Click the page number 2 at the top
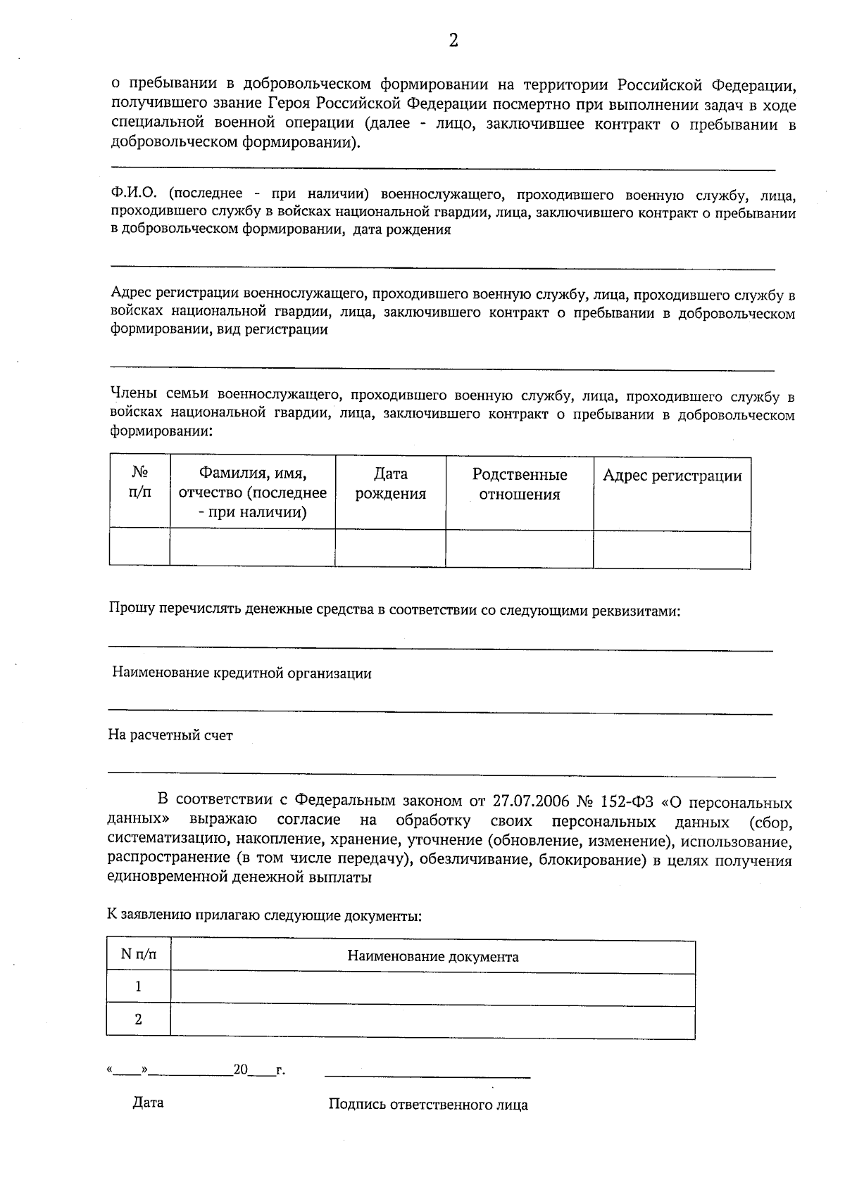[453, 41]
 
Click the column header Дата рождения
[390, 484]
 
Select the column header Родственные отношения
[520, 484]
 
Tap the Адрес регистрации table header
[672, 476]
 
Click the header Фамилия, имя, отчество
[253, 493]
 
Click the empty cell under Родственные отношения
[520, 549]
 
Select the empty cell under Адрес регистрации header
[672, 550]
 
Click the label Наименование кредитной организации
[242, 673]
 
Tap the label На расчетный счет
[170, 735]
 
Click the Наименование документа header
[432, 957]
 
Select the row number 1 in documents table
[138, 987]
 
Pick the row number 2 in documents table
[138, 1020]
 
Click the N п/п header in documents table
[139, 955]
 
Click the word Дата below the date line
[148, 1103]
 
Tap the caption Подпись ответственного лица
[428, 1105]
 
